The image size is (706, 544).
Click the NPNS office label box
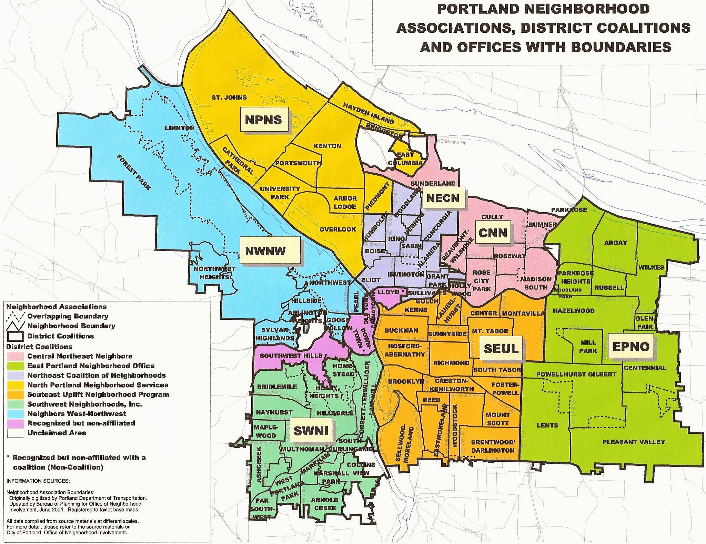[x=263, y=120]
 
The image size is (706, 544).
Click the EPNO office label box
[x=631, y=347]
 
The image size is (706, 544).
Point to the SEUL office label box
[x=501, y=348]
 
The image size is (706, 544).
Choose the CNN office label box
[x=493, y=233]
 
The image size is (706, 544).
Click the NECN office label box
[x=443, y=198]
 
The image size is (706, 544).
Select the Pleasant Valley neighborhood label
[x=633, y=442]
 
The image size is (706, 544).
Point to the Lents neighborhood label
[x=547, y=425]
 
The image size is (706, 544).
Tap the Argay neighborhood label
[x=616, y=243]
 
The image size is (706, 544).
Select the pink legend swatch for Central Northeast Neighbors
[x=15, y=356]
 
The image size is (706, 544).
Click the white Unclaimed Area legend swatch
[x=15, y=433]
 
